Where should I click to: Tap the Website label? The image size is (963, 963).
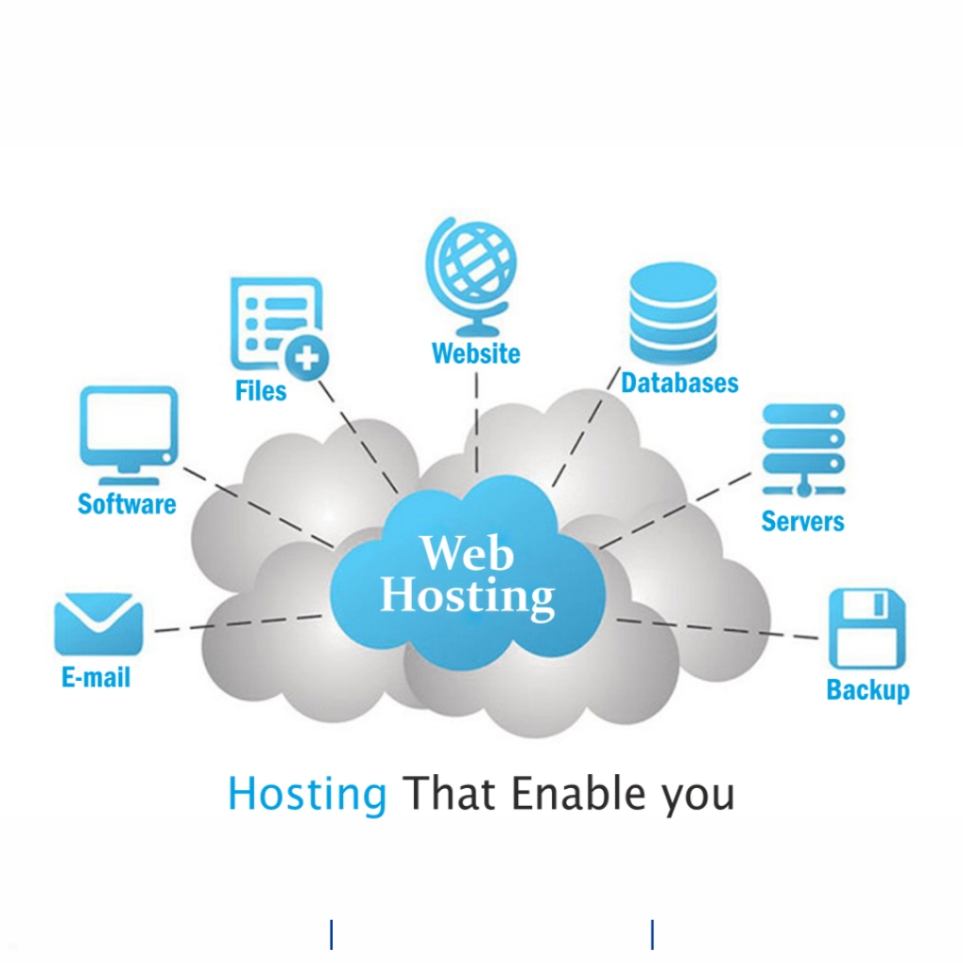coord(475,354)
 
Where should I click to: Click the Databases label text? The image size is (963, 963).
coord(679,383)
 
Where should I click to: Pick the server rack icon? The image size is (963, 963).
coord(803,450)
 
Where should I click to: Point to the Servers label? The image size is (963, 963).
coord(802,521)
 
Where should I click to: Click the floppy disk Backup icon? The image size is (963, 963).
coord(866,629)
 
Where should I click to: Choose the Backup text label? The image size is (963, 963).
coord(867,689)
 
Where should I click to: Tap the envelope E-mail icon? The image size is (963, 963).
coord(99,624)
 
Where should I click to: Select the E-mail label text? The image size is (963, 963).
coord(96,677)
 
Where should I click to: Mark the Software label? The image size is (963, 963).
coord(127,504)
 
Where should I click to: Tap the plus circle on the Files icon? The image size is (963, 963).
coord(308,358)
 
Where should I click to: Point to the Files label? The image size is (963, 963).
coord(260,390)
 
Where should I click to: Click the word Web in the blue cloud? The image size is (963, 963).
coord(466,553)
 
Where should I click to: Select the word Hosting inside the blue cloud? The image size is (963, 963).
coord(466,596)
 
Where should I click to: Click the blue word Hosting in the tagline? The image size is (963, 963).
coord(307,794)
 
